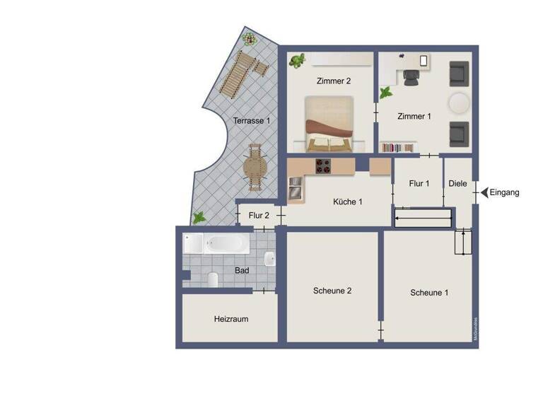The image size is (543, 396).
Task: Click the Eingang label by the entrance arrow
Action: (506, 192)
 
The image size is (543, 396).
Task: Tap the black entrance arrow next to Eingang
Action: (484, 192)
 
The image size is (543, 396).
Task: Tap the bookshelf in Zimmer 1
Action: (398, 147)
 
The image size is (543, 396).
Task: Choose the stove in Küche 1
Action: (323, 166)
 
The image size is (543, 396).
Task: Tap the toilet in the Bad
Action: (213, 279)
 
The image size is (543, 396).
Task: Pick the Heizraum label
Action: (231, 319)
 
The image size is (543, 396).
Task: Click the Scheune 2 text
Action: (332, 291)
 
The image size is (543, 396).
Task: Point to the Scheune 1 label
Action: (429, 293)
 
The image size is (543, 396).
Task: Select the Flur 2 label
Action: (259, 216)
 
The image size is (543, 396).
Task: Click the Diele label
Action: (458, 184)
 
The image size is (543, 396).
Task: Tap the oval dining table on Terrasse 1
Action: (255, 168)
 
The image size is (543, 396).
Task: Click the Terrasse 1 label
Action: (252, 121)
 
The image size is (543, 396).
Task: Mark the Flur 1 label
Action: (419, 184)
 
